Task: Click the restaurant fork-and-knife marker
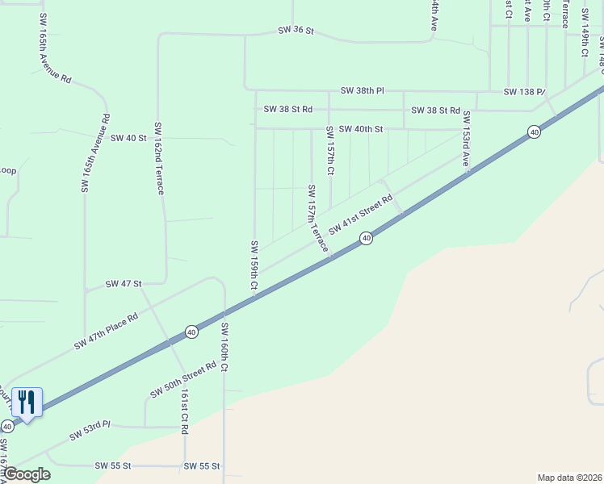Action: tap(27, 402)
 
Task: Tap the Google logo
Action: tap(26, 474)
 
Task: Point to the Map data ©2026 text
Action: tap(569, 478)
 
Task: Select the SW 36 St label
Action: tap(295, 31)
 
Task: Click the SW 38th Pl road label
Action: tap(362, 90)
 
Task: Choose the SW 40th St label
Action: tap(360, 129)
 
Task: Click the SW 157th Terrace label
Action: tap(317, 218)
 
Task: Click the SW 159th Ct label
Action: tap(254, 265)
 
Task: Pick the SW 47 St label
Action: tap(124, 284)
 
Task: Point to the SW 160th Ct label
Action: tap(225, 347)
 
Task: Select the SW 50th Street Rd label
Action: tap(183, 379)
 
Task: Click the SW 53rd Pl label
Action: tap(89, 432)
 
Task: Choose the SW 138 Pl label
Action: tap(525, 92)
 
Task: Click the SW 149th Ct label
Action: tap(583, 34)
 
